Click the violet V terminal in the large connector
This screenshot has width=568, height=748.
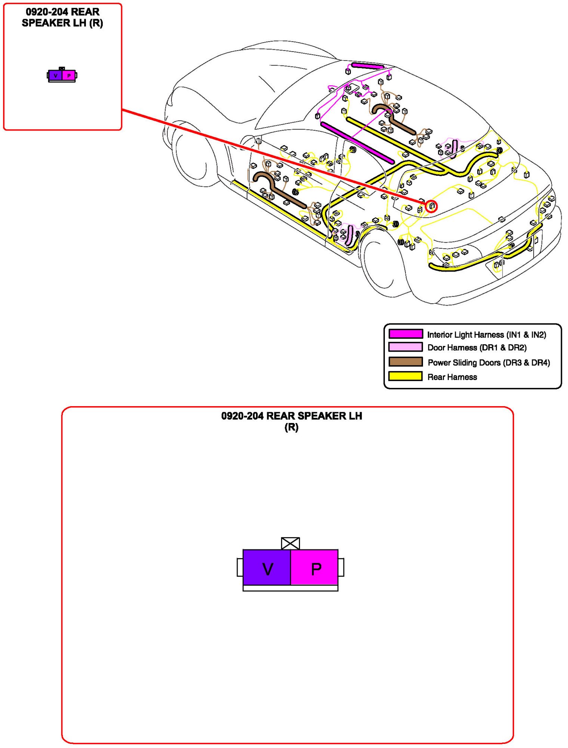(x=266, y=567)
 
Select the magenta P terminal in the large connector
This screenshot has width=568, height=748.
(x=314, y=567)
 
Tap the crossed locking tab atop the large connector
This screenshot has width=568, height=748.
(x=290, y=543)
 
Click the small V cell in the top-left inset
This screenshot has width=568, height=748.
(x=55, y=76)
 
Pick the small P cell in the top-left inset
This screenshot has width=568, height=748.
(x=68, y=76)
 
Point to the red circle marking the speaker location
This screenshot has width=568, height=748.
(x=431, y=206)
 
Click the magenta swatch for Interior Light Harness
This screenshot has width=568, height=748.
(x=405, y=334)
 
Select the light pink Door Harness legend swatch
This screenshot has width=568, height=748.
(x=405, y=347)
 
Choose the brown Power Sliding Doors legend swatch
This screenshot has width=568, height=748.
(x=405, y=362)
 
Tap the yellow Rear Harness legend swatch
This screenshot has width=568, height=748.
(x=405, y=376)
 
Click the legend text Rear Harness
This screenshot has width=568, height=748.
(x=452, y=377)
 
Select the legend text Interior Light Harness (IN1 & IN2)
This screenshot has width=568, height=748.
(x=487, y=335)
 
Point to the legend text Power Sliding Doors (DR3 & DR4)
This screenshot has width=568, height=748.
(x=489, y=362)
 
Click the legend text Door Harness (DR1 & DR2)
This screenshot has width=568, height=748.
(x=477, y=348)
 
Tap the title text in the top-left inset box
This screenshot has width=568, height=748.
(x=62, y=18)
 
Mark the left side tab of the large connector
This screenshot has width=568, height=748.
(x=240, y=567)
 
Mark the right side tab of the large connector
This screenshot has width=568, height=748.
(x=341, y=567)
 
